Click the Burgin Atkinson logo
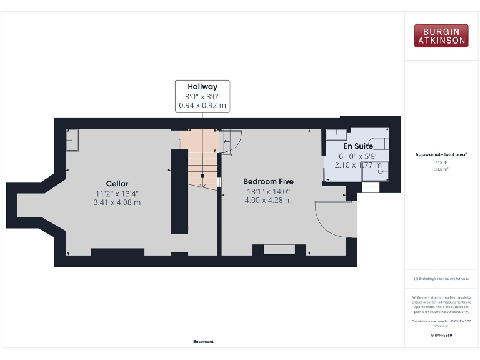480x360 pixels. tap(441, 36)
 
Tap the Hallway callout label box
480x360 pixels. tap(202, 96)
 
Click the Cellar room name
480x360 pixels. tap(117, 183)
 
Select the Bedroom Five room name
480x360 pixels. tap(268, 181)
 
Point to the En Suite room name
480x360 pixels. tap(358, 146)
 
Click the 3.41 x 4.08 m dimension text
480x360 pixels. tap(117, 202)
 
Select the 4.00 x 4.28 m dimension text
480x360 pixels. tap(268, 201)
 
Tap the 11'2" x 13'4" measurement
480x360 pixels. tap(117, 192)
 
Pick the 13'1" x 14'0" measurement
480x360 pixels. tap(268, 191)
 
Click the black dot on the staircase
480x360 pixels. tap(202, 176)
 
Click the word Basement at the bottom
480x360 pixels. tap(203, 341)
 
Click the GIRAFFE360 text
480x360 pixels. tap(441, 336)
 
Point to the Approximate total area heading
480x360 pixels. tap(441, 154)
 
